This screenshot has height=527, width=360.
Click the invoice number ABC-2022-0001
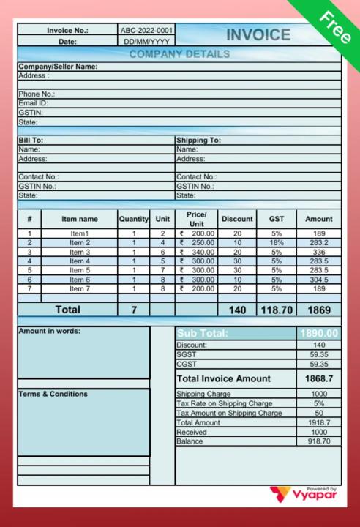(x=146, y=31)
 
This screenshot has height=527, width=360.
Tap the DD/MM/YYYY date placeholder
(x=146, y=42)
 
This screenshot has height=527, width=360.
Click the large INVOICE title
(x=258, y=35)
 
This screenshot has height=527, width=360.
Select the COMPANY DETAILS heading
(x=179, y=54)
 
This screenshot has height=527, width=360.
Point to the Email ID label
(x=33, y=103)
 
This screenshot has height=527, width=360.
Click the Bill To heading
(x=31, y=140)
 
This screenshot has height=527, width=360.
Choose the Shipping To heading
(x=198, y=140)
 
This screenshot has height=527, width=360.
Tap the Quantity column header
(x=134, y=219)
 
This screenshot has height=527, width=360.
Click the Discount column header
(x=237, y=219)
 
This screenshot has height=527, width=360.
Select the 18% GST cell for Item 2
(x=276, y=243)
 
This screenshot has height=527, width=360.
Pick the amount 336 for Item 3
(x=318, y=252)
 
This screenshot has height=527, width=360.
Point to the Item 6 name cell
(x=80, y=280)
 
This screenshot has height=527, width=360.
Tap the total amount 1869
(x=318, y=310)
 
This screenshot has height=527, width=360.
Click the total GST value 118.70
(x=276, y=310)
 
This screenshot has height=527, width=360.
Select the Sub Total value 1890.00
(x=318, y=334)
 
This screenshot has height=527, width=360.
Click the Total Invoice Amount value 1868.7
(x=318, y=378)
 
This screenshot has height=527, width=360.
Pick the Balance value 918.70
(x=318, y=441)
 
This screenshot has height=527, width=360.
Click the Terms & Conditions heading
(x=53, y=394)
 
